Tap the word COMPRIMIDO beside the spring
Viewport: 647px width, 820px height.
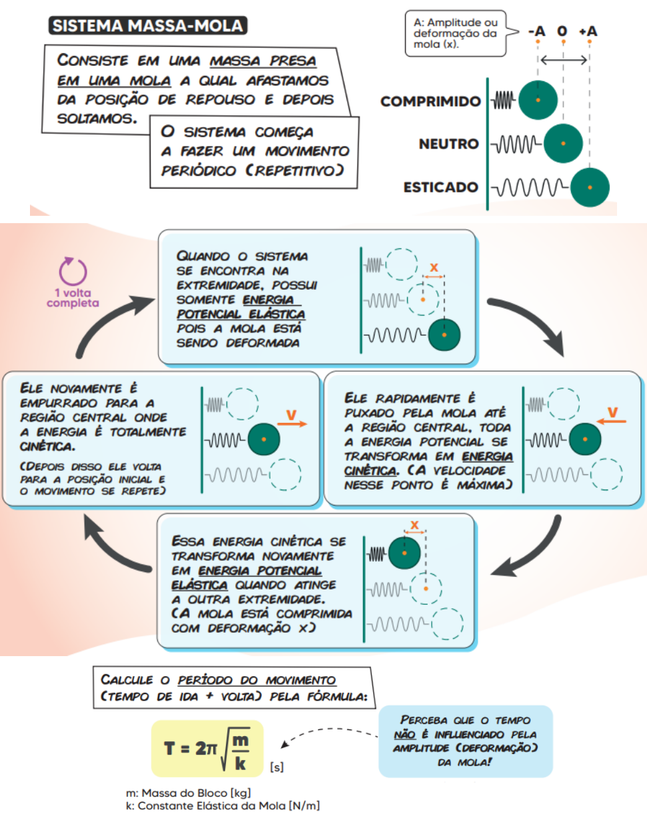(430, 102)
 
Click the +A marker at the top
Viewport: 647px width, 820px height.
(588, 31)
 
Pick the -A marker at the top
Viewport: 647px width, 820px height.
(536, 31)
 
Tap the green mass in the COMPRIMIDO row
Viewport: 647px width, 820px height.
(538, 101)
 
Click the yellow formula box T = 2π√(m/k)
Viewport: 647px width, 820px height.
(207, 748)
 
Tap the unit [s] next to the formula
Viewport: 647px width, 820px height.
(277, 768)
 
